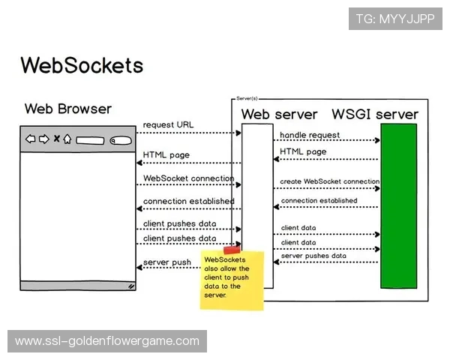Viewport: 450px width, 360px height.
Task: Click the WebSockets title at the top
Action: (82, 64)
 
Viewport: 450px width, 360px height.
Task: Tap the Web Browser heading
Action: (67, 109)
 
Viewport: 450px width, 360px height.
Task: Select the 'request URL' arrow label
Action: (169, 124)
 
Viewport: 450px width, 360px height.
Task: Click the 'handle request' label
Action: (310, 135)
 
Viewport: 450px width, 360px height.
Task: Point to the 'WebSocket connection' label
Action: (188, 178)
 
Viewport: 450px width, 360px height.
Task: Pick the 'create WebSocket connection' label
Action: (329, 181)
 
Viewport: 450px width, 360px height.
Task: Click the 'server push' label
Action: (166, 262)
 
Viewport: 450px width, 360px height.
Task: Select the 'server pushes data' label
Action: (313, 256)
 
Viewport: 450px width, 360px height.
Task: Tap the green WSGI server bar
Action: (398, 205)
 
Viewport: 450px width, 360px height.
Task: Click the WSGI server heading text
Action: (375, 114)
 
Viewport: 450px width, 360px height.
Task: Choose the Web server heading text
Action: (279, 114)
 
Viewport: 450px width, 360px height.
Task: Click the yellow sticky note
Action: (232, 280)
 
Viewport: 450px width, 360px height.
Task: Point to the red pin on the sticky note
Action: (232, 250)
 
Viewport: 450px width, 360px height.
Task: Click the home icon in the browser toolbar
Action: (67, 139)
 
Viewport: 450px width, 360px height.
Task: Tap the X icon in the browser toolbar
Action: (55, 139)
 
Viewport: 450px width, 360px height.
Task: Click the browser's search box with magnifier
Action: (120, 140)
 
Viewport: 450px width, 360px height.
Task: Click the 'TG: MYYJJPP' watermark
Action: (395, 18)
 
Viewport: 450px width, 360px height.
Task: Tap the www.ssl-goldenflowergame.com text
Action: (107, 341)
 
